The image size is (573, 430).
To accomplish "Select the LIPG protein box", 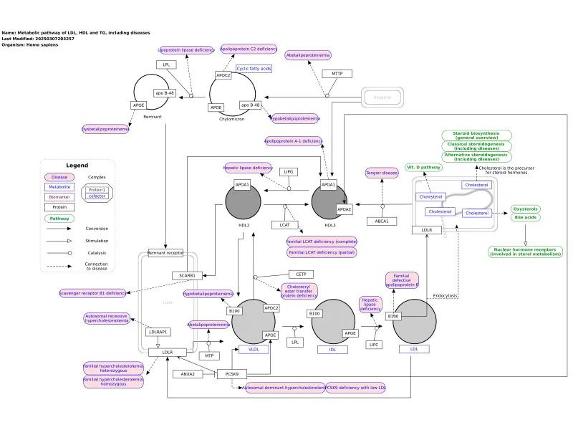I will coord(289,172).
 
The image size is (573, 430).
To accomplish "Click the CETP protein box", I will coord(301,274).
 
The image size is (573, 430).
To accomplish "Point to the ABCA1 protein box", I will coord(382,221).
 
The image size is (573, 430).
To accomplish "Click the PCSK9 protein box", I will coord(232,373).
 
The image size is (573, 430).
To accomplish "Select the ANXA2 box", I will coord(188,373).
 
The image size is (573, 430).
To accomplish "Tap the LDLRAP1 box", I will coord(159,333).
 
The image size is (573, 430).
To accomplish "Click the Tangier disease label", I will coord(381,173).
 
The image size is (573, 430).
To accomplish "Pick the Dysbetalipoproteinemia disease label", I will coord(105,129).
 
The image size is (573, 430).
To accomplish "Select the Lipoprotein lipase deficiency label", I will coord(186,50).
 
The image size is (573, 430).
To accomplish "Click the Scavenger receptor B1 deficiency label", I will coord(92,292).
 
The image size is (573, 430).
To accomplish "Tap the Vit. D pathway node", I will coord(423,167).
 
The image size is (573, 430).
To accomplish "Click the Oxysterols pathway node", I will coord(526,209).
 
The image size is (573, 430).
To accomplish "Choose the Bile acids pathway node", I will coord(526,217).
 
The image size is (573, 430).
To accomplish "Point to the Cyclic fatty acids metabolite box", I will coord(254,69).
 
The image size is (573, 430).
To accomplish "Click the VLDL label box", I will coord(254,349).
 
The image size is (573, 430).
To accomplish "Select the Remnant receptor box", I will coord(165,252).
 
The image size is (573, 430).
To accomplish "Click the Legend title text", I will coord(77,166).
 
